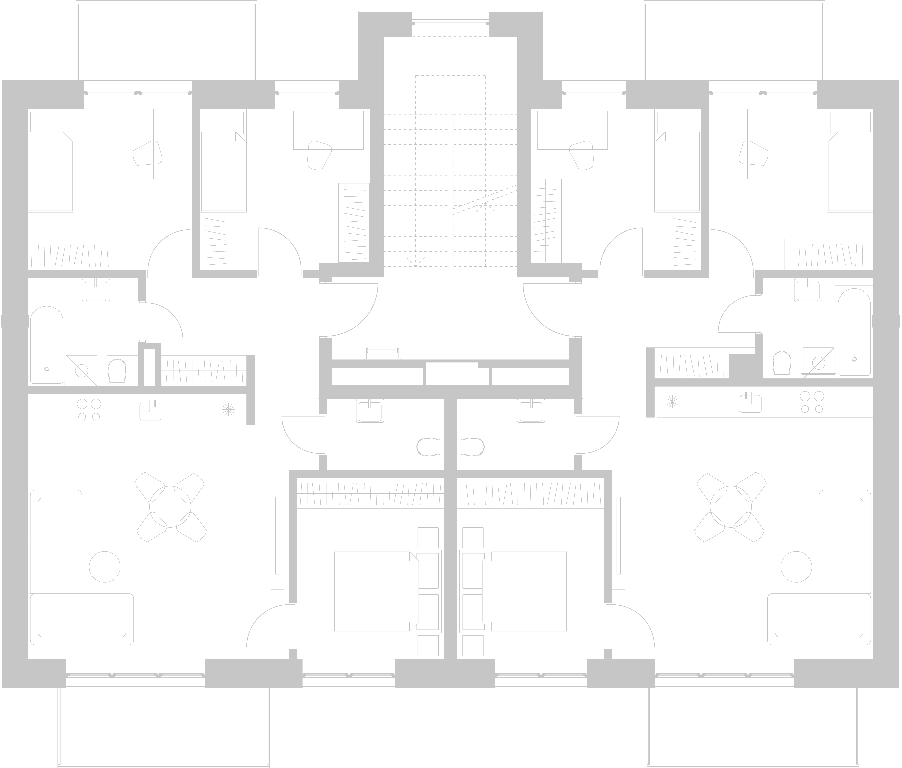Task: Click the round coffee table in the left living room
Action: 105,567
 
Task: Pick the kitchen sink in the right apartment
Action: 750,402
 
